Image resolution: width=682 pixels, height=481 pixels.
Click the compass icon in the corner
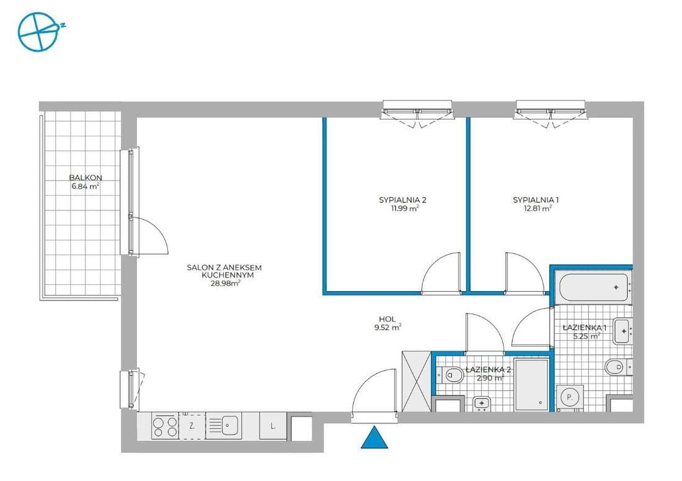click(38, 31)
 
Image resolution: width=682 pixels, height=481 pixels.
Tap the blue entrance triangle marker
click(374, 439)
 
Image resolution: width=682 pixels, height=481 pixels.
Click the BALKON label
click(86, 178)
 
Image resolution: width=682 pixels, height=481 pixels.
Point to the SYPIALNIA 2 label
click(402, 200)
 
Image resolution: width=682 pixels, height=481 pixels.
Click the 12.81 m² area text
click(538, 209)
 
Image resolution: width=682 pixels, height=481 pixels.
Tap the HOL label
click(387, 318)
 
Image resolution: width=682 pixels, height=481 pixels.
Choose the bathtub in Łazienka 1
click(591, 288)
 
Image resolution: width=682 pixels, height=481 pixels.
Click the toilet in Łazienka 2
click(451, 374)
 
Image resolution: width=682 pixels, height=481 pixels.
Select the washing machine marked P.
click(569, 396)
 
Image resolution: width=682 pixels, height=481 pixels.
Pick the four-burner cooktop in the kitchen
click(165, 426)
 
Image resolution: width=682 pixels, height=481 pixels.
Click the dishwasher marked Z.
click(192, 426)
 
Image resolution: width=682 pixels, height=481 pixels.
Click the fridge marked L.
click(273, 426)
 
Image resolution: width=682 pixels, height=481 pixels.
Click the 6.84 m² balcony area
click(86, 186)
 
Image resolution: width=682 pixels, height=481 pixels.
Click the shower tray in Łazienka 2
click(531, 384)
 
